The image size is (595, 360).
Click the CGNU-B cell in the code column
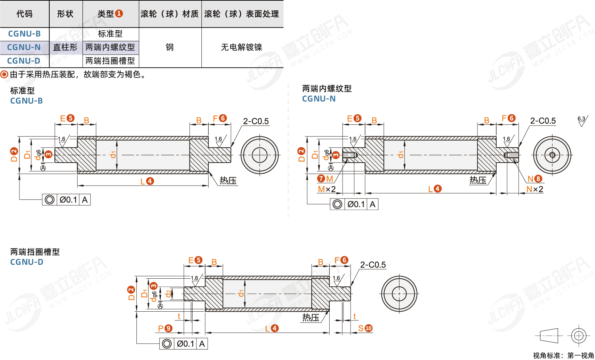pyautogui.click(x=24, y=34)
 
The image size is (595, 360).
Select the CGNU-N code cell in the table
pyautogui.click(x=24, y=47)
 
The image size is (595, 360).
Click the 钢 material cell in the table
pyautogui.click(x=170, y=47)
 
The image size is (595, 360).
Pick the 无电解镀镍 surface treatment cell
pyautogui.click(x=241, y=47)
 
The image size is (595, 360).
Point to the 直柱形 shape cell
pyautogui.click(x=65, y=47)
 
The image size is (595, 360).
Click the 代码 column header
pyautogui.click(x=24, y=14)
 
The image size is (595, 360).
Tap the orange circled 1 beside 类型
pyautogui.click(x=119, y=14)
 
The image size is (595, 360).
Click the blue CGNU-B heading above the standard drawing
pyautogui.click(x=26, y=101)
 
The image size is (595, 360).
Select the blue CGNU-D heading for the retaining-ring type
pyautogui.click(x=27, y=262)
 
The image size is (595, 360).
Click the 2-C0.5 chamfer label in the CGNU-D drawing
pyautogui.click(x=373, y=265)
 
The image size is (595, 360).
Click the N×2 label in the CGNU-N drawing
pyautogui.click(x=534, y=189)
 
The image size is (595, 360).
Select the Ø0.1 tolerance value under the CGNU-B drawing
pyautogui.click(x=68, y=200)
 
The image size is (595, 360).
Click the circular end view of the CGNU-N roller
pyautogui.click(x=552, y=155)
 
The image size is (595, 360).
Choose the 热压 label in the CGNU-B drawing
pyautogui.click(x=228, y=181)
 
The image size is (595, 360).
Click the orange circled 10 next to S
pyautogui.click(x=369, y=328)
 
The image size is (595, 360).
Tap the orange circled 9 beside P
pyautogui.click(x=168, y=328)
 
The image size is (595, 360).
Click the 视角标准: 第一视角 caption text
pyautogui.click(x=563, y=355)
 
